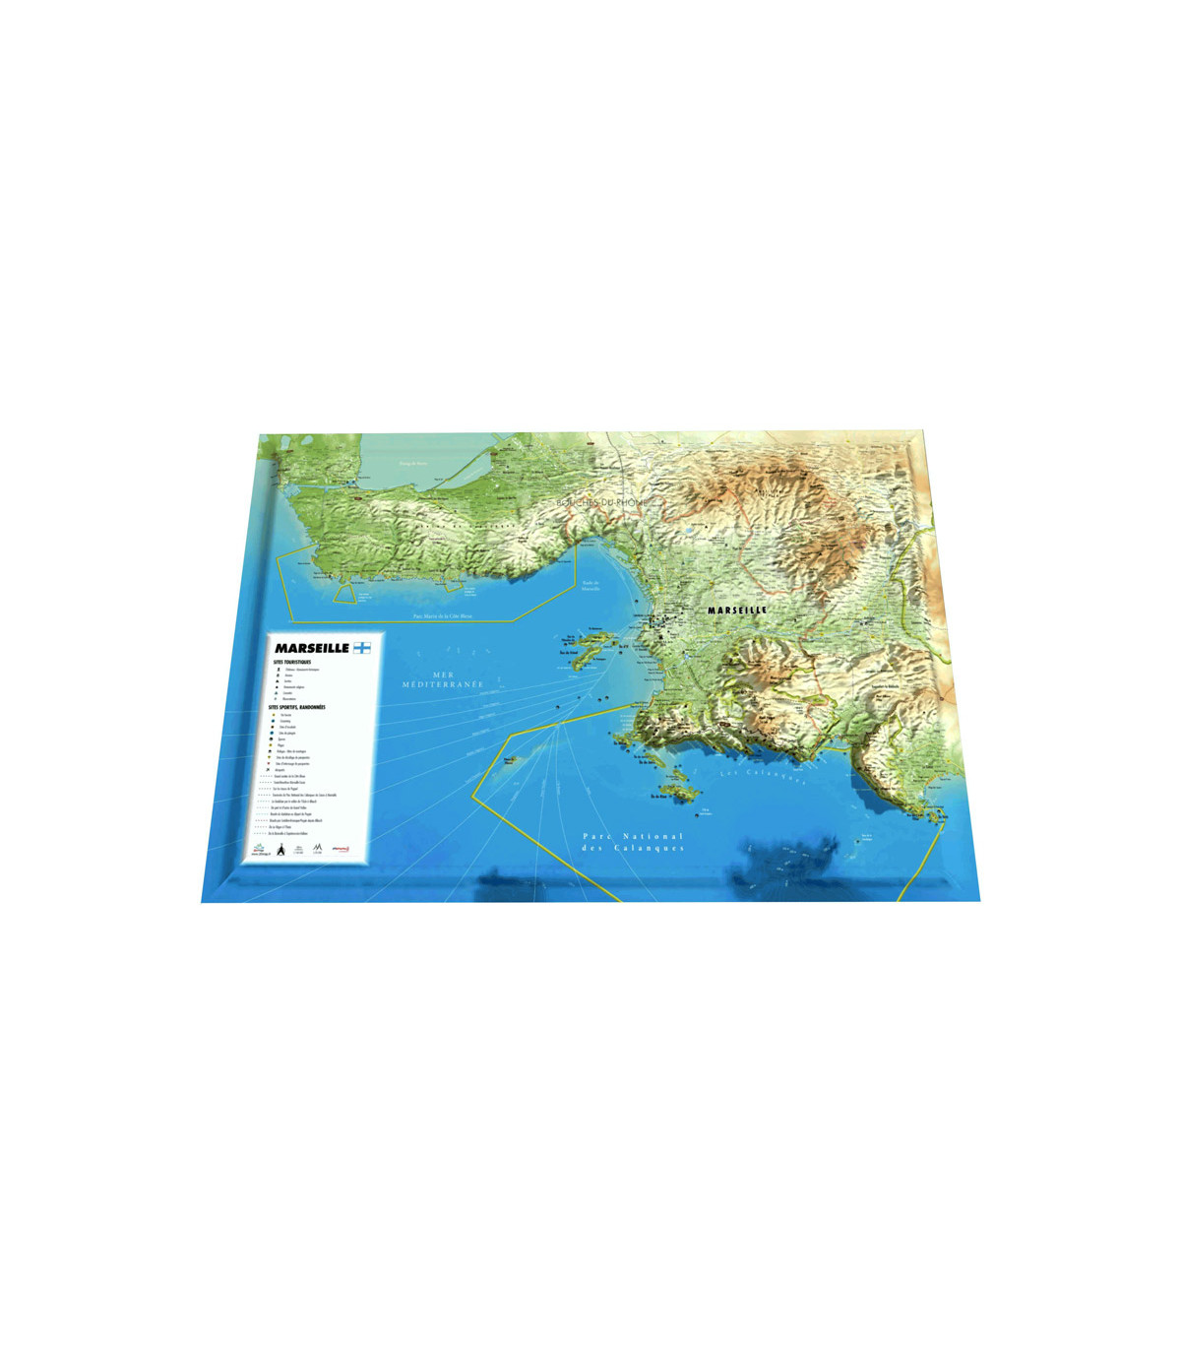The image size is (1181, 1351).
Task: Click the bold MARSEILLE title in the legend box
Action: point(311,648)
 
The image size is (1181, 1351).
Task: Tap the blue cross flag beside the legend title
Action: point(362,648)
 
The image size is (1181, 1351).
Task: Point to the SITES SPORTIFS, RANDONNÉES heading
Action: point(303,707)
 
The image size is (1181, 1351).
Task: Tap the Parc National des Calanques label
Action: point(633,842)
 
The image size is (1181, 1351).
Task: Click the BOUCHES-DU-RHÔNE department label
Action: point(601,502)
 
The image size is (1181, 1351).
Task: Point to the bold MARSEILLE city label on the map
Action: point(737,611)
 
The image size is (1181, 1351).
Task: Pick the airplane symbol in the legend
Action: point(267,770)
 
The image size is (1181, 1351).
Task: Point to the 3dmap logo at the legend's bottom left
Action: point(259,850)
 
